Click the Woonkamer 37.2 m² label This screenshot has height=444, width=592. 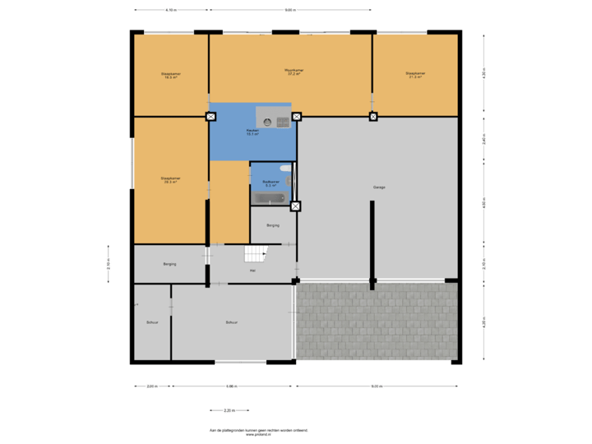point(294,72)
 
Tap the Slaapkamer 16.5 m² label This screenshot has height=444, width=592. point(171,76)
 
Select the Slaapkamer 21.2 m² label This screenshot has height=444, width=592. point(415,75)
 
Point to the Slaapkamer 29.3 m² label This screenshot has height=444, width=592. point(171,180)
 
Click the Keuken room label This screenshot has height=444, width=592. point(252,132)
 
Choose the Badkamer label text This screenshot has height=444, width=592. point(271,183)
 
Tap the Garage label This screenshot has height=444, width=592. point(379,187)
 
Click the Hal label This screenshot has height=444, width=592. point(252,271)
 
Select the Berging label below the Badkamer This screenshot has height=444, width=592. point(273,224)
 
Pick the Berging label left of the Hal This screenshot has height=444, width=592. point(169,264)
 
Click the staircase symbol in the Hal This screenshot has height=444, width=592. point(258,254)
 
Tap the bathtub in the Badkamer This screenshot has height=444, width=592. point(270,198)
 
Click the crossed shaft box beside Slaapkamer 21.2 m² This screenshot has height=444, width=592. point(373,117)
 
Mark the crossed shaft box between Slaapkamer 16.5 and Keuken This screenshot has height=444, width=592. point(210,117)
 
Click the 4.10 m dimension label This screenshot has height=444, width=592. point(171,11)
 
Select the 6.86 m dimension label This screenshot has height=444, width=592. point(232,386)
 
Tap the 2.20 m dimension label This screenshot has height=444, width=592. point(229,410)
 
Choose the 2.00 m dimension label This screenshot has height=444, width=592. point(152,386)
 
